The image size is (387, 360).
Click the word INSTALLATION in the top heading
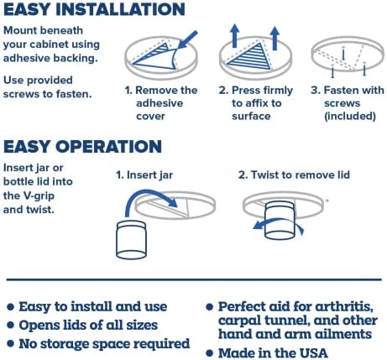coord(120,9)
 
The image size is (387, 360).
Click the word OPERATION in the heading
coord(108,146)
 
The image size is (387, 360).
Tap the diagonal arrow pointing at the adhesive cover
coord(187,40)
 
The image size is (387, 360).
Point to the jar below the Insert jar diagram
coord(131,240)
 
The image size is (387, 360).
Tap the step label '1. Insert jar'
coord(144,175)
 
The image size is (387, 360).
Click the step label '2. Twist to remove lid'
coord(294,175)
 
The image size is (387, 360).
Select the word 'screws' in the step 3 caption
coord(342,103)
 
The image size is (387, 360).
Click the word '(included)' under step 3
coord(350,116)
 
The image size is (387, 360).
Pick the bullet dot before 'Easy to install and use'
coord(10,307)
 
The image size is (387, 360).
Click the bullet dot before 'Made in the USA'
coord(210,353)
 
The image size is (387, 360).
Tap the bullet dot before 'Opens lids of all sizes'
coord(10,326)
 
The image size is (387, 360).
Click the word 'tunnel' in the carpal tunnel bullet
coord(285,321)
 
